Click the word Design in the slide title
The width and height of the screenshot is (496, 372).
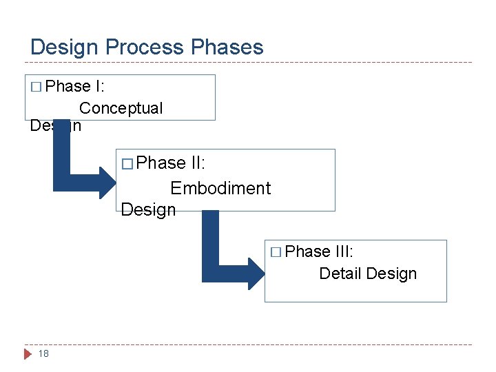[x=65, y=48]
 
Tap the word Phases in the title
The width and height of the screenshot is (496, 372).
[x=227, y=48]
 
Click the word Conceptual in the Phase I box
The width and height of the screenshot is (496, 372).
[x=121, y=108]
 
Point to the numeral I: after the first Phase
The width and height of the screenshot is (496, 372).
[x=101, y=87]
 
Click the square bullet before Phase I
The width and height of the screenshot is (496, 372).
[x=37, y=87]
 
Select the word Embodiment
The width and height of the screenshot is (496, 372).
[x=220, y=188]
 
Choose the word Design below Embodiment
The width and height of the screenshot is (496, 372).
[x=148, y=209]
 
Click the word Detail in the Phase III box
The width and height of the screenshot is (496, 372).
[x=340, y=273]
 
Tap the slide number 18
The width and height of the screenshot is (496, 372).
[x=43, y=353]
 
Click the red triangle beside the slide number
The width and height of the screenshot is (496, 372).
[x=28, y=354]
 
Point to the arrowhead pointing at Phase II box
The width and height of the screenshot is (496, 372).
[x=108, y=182]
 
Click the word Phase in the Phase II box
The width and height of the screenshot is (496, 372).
[x=161, y=163]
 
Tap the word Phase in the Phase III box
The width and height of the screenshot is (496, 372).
[x=308, y=251]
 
